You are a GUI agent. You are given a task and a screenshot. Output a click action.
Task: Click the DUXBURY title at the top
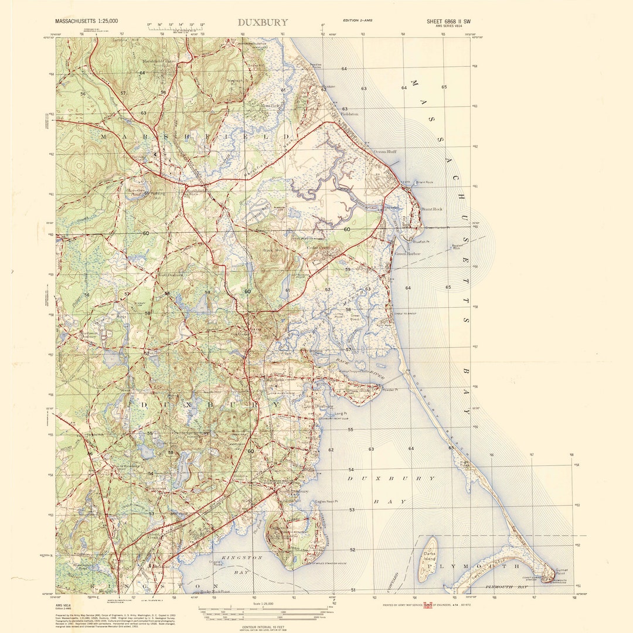(x=263, y=22)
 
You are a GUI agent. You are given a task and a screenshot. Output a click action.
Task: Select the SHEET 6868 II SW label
(x=448, y=21)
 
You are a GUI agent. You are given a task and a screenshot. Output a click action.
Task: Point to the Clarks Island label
(x=430, y=556)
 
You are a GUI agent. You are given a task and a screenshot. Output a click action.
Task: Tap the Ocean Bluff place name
(x=385, y=151)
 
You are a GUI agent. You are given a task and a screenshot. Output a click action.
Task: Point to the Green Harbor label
(x=409, y=254)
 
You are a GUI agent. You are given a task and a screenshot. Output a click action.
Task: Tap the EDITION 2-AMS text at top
(x=357, y=21)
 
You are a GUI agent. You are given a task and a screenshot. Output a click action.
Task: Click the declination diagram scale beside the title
(x=175, y=26)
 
